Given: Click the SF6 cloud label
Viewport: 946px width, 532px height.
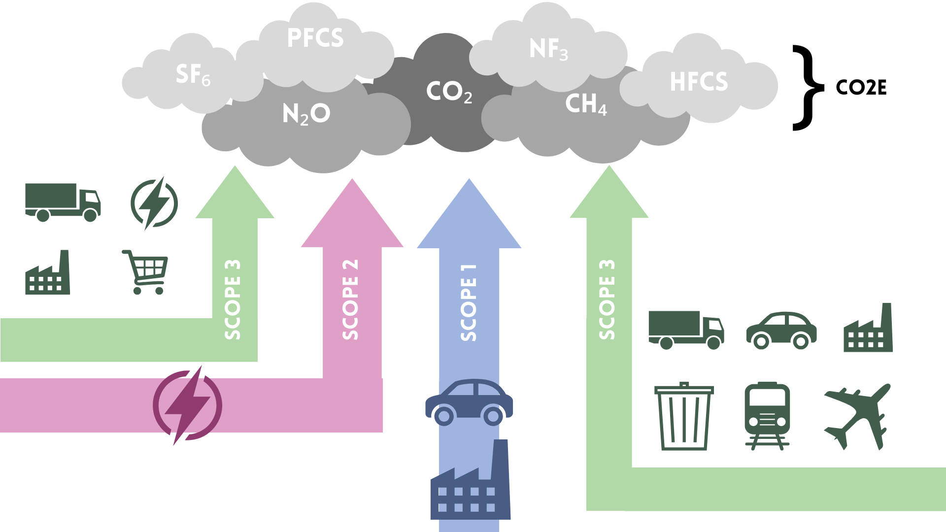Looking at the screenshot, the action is (x=193, y=75).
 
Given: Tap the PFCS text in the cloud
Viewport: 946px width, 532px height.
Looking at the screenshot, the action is (x=315, y=38).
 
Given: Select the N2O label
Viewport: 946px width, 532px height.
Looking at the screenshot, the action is (x=306, y=114).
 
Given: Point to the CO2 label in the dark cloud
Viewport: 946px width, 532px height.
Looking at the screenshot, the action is (x=449, y=92).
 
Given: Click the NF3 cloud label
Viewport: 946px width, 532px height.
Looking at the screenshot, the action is (x=549, y=49).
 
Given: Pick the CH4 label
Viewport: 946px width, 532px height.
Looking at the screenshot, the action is (x=586, y=104).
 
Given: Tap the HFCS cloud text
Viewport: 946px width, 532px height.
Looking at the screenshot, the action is (x=699, y=82).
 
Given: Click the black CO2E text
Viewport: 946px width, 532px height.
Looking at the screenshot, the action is (x=861, y=88).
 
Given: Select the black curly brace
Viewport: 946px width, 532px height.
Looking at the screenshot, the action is (x=808, y=88).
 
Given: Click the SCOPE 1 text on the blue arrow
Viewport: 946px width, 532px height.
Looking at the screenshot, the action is (x=469, y=302).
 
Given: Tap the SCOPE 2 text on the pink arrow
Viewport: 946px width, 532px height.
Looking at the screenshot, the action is (x=350, y=299).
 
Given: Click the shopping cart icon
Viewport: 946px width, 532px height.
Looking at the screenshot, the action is (x=145, y=272).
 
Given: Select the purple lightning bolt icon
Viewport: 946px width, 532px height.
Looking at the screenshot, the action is (x=187, y=405).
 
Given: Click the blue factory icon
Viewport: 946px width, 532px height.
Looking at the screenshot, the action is (x=471, y=480).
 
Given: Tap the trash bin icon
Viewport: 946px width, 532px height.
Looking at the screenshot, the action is (x=684, y=416).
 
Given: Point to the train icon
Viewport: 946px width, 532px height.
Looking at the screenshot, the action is (x=767, y=416).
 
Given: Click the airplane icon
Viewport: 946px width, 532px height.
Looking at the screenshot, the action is (x=857, y=417).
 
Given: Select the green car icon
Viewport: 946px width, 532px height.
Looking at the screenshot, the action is (x=781, y=331).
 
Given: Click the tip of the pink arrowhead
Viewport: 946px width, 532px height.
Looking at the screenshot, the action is (x=352, y=178).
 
